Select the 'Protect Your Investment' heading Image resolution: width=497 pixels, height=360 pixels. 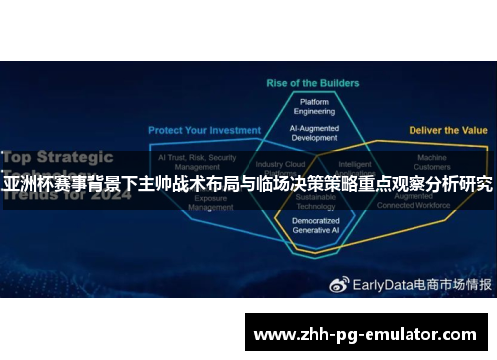[x=205, y=130]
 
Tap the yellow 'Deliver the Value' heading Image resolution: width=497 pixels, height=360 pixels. [x=448, y=130]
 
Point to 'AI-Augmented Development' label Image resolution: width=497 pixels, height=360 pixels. [x=315, y=134]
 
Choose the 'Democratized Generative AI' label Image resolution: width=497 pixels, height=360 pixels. [x=315, y=225]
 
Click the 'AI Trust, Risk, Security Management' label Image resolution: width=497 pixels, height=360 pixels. [x=197, y=162]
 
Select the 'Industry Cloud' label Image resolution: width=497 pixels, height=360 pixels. [x=279, y=165]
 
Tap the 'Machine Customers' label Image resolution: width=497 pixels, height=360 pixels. [x=432, y=162]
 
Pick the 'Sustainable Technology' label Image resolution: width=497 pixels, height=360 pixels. [x=315, y=203]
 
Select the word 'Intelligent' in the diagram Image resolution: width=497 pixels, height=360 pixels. [x=355, y=165]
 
